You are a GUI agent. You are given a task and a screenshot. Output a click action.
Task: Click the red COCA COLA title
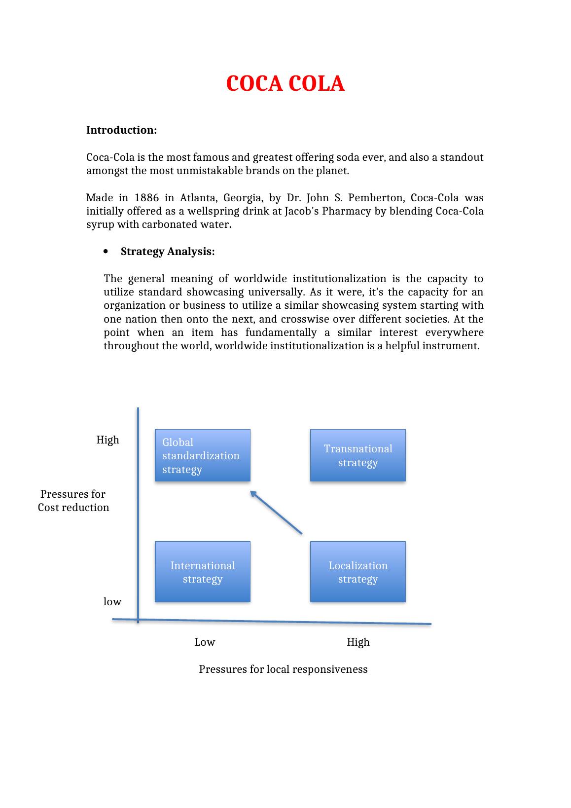click(x=285, y=84)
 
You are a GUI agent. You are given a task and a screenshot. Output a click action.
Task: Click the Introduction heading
click(x=121, y=130)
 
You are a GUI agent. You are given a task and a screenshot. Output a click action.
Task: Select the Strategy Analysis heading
click(x=168, y=252)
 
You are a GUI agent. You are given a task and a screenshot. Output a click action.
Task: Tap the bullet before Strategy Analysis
click(x=107, y=252)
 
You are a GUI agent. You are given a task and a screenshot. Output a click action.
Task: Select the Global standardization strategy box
click(x=202, y=455)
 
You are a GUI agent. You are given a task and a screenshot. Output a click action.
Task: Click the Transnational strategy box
click(x=357, y=455)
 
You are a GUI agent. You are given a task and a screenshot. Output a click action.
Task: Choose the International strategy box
click(x=202, y=572)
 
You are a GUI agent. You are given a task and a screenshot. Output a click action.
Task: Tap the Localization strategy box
click(x=357, y=572)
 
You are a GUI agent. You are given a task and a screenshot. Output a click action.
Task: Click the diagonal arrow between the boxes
click(x=276, y=513)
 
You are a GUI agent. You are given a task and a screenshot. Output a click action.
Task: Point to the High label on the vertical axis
click(x=107, y=440)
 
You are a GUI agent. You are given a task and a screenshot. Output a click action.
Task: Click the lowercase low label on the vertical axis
click(x=112, y=601)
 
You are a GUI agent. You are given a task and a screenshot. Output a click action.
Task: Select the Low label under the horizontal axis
click(x=204, y=642)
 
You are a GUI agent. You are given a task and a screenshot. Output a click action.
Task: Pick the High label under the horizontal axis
click(x=358, y=642)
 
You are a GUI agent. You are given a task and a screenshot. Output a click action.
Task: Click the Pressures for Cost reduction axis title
click(x=73, y=501)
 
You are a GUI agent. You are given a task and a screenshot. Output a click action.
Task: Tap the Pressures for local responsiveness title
click(x=283, y=669)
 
